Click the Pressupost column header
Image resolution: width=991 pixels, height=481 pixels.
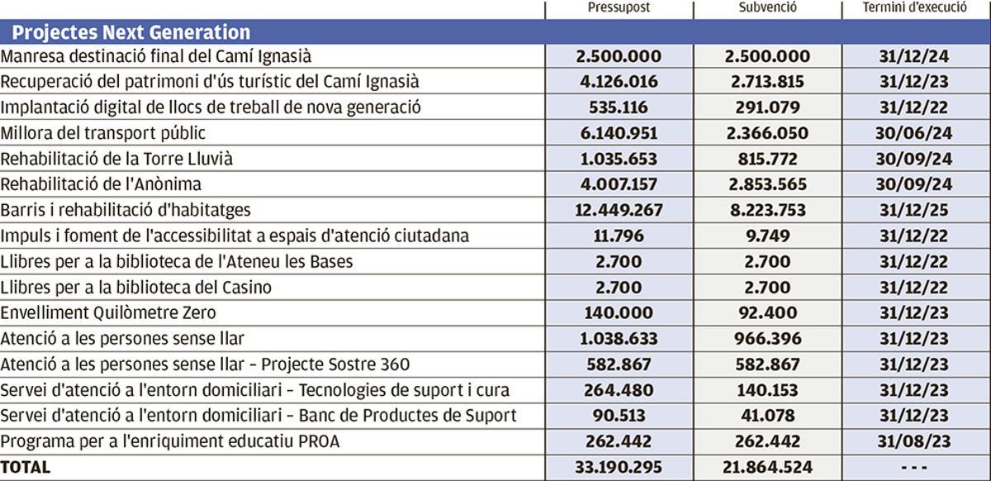(x=619, y=8)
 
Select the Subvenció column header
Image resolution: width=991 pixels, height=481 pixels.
(x=767, y=8)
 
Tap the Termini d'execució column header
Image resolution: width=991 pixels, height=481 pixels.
(x=916, y=8)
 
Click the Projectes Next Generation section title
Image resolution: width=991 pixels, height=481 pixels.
(x=131, y=32)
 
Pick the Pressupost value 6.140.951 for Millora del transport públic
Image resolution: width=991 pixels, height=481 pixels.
(x=619, y=133)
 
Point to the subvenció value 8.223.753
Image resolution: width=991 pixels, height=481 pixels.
(x=767, y=210)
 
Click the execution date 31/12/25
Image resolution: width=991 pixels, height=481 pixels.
(x=916, y=210)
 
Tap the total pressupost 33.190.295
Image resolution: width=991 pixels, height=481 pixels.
(x=619, y=467)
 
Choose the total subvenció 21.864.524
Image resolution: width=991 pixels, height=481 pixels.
(x=767, y=467)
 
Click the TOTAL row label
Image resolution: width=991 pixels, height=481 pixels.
(x=26, y=467)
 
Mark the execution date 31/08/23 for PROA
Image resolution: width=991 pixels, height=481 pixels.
(x=916, y=441)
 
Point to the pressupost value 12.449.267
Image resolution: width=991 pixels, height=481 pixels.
(x=619, y=210)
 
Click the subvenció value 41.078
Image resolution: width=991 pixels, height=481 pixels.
(x=767, y=416)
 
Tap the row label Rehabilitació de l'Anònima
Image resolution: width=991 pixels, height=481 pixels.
(x=101, y=184)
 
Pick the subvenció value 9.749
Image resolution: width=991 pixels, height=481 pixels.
(x=767, y=236)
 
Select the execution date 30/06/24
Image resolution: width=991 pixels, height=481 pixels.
(x=916, y=133)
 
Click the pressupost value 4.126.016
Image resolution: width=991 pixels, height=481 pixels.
(x=619, y=82)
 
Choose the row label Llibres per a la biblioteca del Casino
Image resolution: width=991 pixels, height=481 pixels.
(x=136, y=288)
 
